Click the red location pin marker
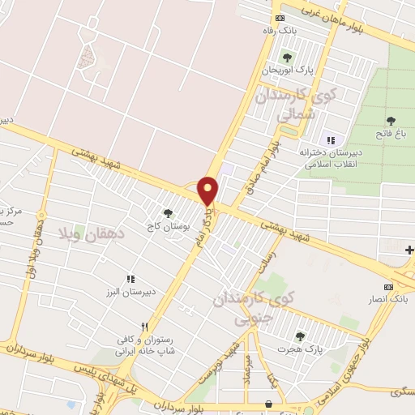click(208, 190)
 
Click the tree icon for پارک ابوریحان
click(286, 58)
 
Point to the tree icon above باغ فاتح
click(391, 120)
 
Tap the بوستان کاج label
click(169, 226)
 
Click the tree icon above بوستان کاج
click(168, 213)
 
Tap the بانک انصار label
click(387, 299)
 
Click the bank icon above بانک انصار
click(388, 287)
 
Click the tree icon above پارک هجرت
click(300, 336)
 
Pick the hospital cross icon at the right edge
click(409, 253)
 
